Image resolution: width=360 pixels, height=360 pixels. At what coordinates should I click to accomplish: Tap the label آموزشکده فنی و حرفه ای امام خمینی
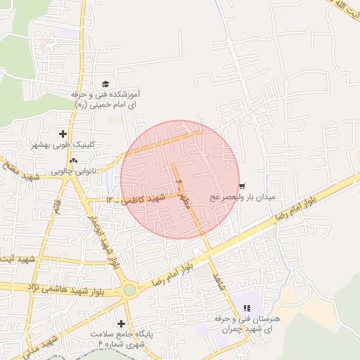click(108, 98)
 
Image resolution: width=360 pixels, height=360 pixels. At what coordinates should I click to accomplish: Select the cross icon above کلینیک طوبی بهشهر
click(64, 134)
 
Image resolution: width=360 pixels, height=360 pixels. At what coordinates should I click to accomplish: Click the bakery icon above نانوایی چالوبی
click(73, 161)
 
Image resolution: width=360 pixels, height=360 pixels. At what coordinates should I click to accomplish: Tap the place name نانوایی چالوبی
click(70, 171)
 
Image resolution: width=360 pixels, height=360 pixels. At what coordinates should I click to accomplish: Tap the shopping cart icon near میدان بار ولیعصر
click(242, 186)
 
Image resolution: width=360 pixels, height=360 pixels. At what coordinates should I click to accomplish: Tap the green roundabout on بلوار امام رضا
click(129, 289)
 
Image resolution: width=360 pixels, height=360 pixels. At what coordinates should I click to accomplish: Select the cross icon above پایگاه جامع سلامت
click(121, 323)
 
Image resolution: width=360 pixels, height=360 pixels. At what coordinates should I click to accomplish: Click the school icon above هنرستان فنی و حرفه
click(247, 308)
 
